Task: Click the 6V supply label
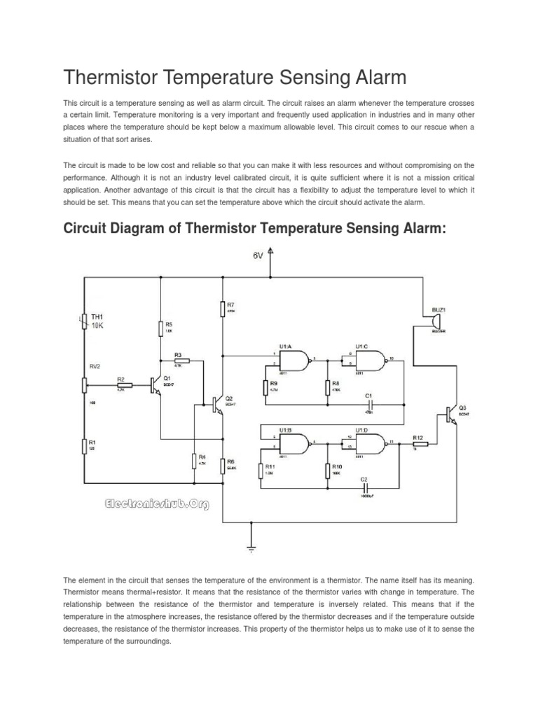[x=258, y=256]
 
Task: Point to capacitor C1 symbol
[x=368, y=405]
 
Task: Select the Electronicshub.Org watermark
[x=156, y=503]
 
